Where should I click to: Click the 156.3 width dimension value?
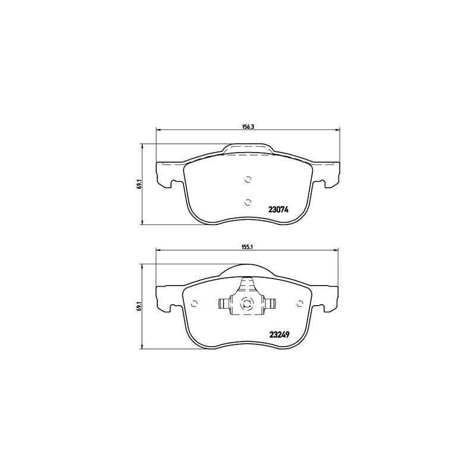248,126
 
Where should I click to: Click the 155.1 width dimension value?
248,246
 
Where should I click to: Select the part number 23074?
278,210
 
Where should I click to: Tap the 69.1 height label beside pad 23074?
139,185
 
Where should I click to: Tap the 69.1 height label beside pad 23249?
139,306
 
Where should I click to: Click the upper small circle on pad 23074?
248,180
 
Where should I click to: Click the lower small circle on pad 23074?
248,202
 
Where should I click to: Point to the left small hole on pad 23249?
195,303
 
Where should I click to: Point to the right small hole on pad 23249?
300,303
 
